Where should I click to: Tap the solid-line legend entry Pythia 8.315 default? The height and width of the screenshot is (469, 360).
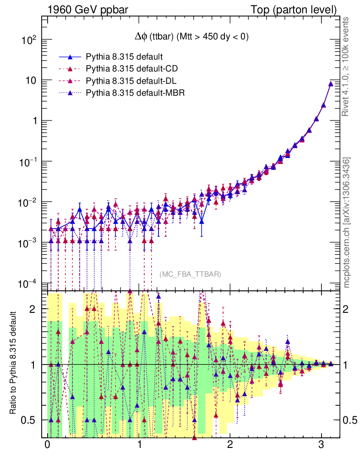tap(125, 57)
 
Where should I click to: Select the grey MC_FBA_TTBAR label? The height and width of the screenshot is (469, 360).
tap(190, 274)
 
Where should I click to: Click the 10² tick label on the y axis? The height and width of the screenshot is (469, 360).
tap(28, 40)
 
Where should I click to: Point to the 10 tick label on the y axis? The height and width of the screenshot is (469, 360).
tap(30, 81)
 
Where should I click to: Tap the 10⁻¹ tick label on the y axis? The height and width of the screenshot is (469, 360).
tap(27, 162)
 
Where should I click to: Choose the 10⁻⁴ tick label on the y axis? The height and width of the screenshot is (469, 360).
tap(27, 283)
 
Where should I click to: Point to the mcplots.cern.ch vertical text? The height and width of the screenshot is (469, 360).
tap(347, 223)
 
